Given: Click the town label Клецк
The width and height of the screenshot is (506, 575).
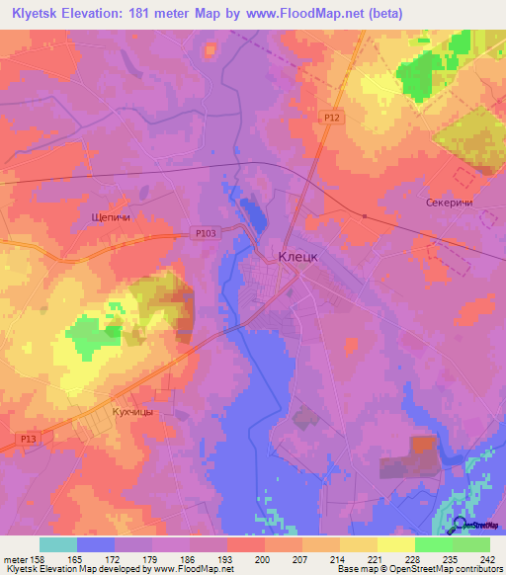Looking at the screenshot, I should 296,255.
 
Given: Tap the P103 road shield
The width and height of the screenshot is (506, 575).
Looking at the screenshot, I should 206,233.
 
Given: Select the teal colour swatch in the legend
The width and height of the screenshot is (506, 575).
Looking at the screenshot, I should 58,544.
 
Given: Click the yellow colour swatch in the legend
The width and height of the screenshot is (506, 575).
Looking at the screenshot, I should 395,544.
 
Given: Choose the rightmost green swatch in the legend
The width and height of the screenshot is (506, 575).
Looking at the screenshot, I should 471,544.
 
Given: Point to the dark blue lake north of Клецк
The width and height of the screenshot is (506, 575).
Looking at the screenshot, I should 253,211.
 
